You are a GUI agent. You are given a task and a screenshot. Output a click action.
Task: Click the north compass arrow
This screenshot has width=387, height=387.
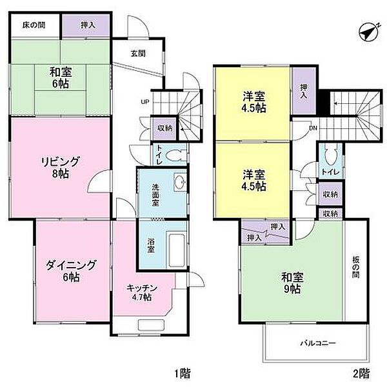coord(369,32)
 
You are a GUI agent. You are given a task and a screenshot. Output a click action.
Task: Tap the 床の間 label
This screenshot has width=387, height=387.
coord(34,25)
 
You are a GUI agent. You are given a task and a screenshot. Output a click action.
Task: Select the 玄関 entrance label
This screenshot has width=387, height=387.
coord(138,54)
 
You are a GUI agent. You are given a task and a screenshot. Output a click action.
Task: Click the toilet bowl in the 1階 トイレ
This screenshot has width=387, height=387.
coord(174,155)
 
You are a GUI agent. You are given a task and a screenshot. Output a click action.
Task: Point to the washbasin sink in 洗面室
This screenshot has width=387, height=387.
coord(180,182)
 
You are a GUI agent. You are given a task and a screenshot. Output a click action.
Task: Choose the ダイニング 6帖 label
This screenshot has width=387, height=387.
coord(71,271)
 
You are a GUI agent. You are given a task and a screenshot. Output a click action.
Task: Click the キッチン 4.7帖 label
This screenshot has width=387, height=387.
coord(142,292)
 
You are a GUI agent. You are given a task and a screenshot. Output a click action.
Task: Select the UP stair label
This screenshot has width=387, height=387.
coord(145,102)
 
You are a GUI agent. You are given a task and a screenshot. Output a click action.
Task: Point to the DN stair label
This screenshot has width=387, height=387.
coord(313,128)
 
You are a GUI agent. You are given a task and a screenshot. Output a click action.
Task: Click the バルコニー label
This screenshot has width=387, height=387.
coord(318,343)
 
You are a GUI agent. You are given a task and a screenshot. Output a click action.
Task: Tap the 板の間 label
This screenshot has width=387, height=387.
coord(355,267)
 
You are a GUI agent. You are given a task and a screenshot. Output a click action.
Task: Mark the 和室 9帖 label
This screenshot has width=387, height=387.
coord(292,283)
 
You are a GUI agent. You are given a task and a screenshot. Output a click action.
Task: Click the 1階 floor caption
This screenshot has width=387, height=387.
coord(183,373)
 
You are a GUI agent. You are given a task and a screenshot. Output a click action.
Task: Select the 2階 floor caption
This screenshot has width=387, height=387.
coord(361,373)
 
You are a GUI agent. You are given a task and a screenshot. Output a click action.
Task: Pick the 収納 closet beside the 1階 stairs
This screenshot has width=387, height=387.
coord(164,128)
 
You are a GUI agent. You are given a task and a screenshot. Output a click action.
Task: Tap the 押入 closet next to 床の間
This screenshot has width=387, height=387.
coord(86,25)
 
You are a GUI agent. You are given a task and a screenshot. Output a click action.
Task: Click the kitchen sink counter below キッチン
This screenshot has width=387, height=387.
coord(152,324)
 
